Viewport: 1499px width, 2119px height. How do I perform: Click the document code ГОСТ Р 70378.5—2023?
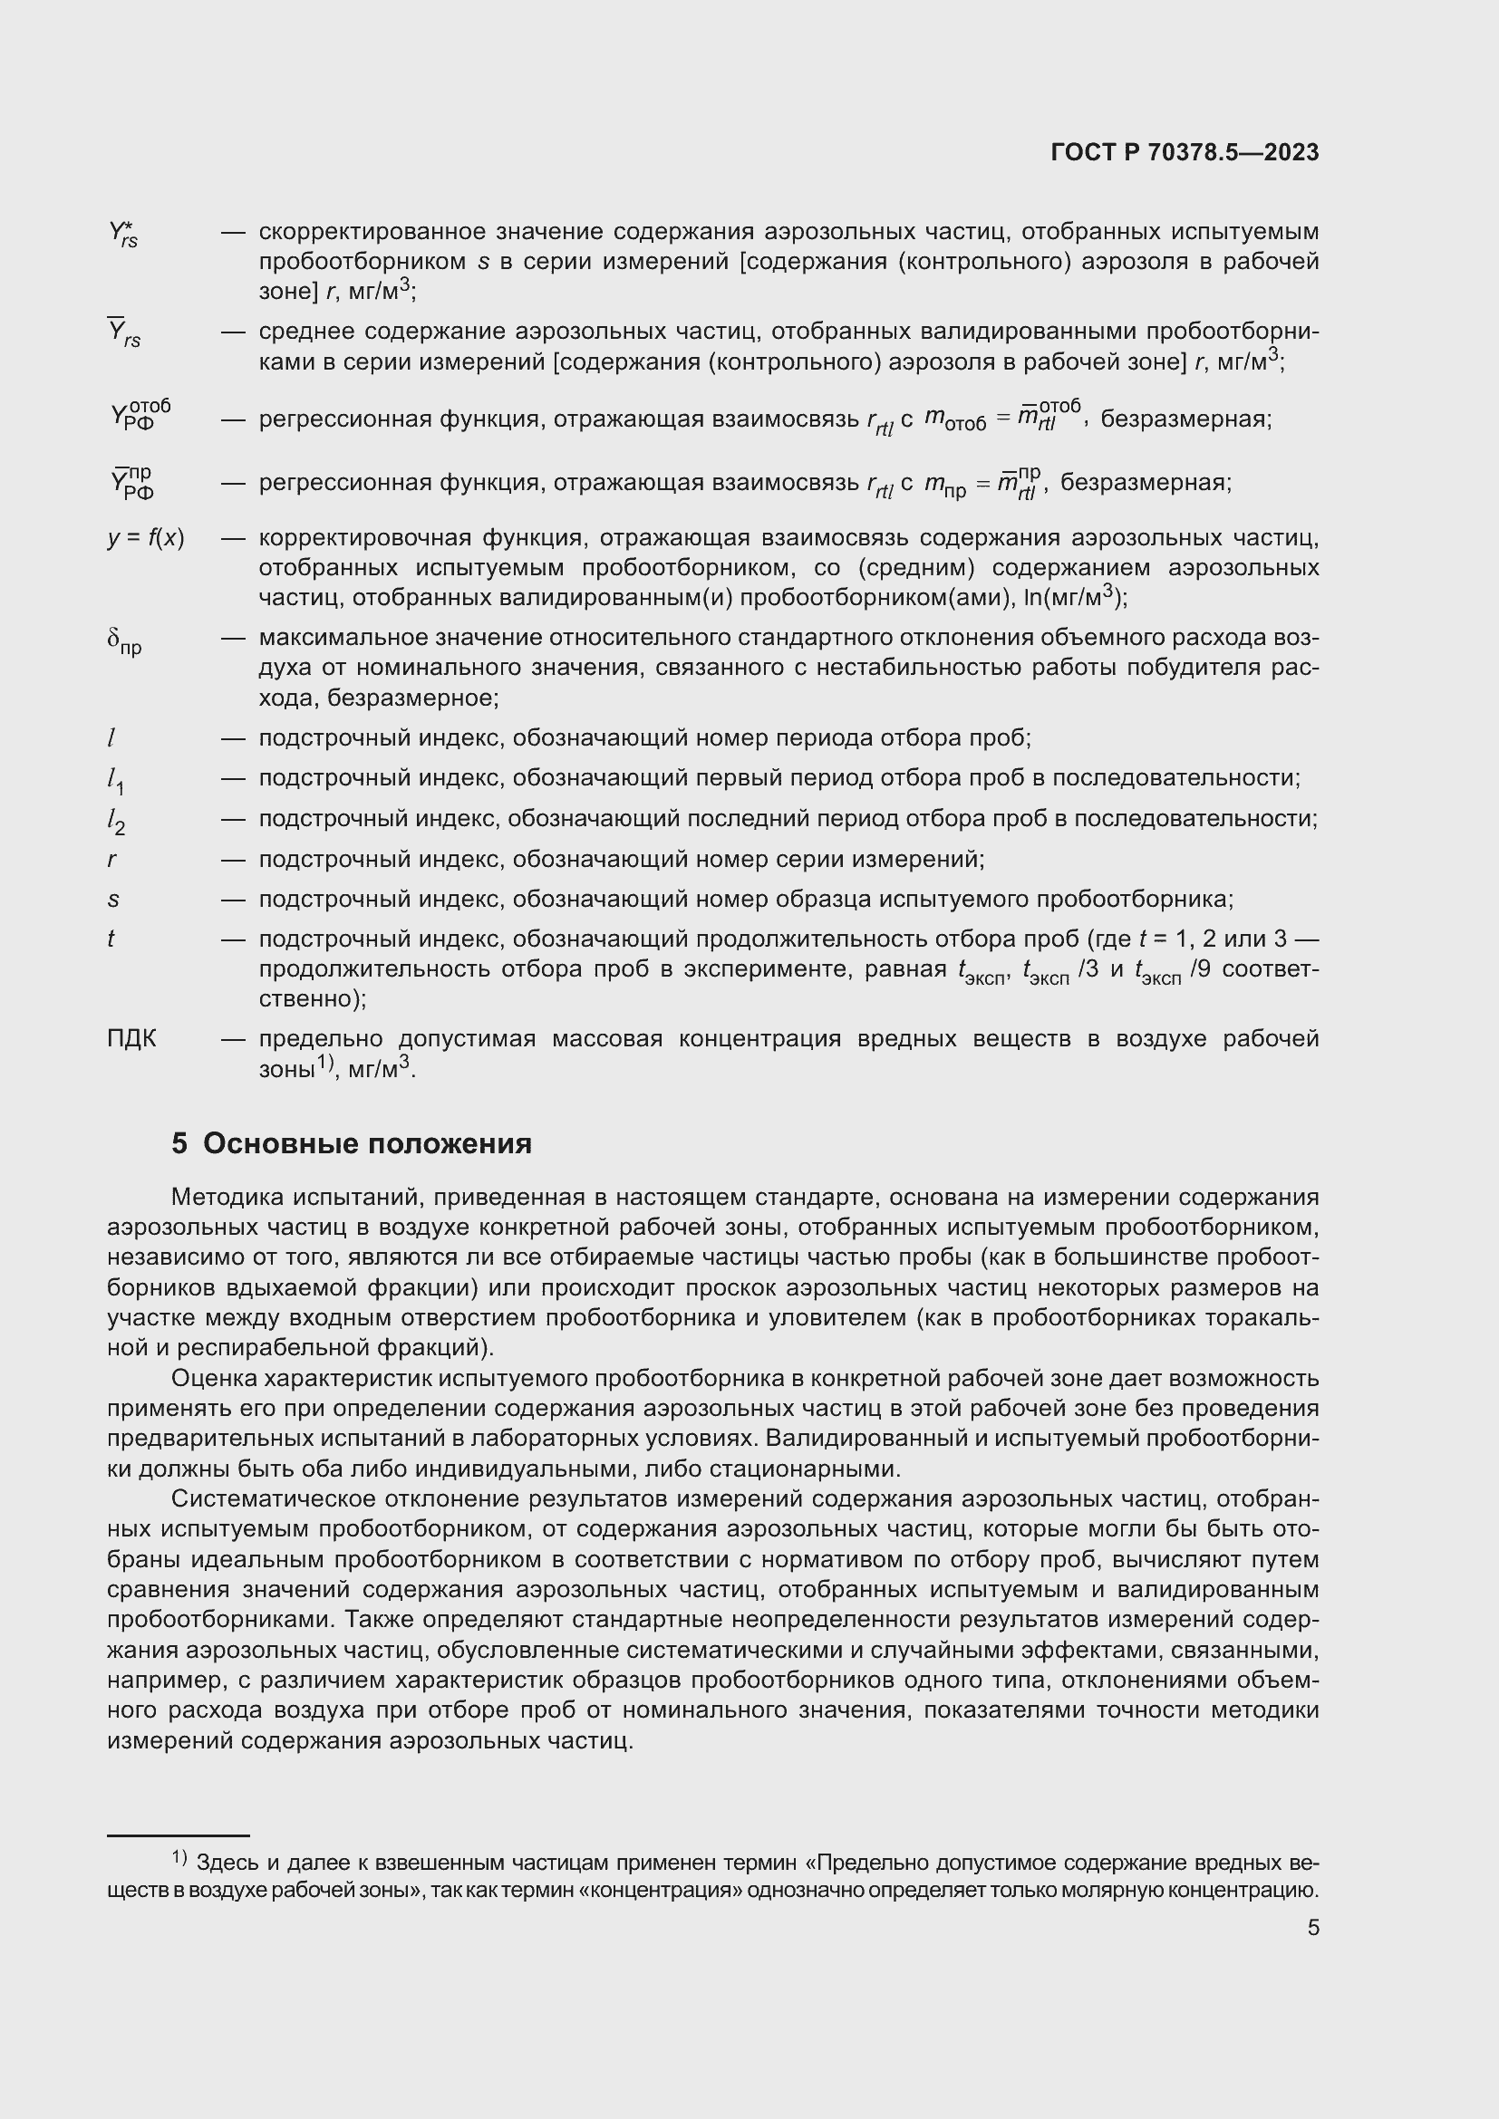[1185, 152]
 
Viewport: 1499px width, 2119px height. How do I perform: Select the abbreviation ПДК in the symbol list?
[132, 1039]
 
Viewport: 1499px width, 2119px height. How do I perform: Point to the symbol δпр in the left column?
[123, 641]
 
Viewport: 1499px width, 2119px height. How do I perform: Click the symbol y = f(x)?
[146, 538]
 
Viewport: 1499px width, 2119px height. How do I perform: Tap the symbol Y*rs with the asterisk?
[122, 234]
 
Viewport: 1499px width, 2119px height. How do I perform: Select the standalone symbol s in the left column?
[112, 899]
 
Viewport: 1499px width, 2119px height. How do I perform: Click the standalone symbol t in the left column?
[111, 939]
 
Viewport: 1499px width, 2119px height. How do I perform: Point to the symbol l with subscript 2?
[115, 821]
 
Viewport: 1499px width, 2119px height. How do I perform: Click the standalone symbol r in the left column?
[111, 859]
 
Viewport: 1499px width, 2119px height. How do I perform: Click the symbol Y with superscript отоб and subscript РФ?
[140, 414]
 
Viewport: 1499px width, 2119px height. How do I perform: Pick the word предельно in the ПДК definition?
[313, 1039]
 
